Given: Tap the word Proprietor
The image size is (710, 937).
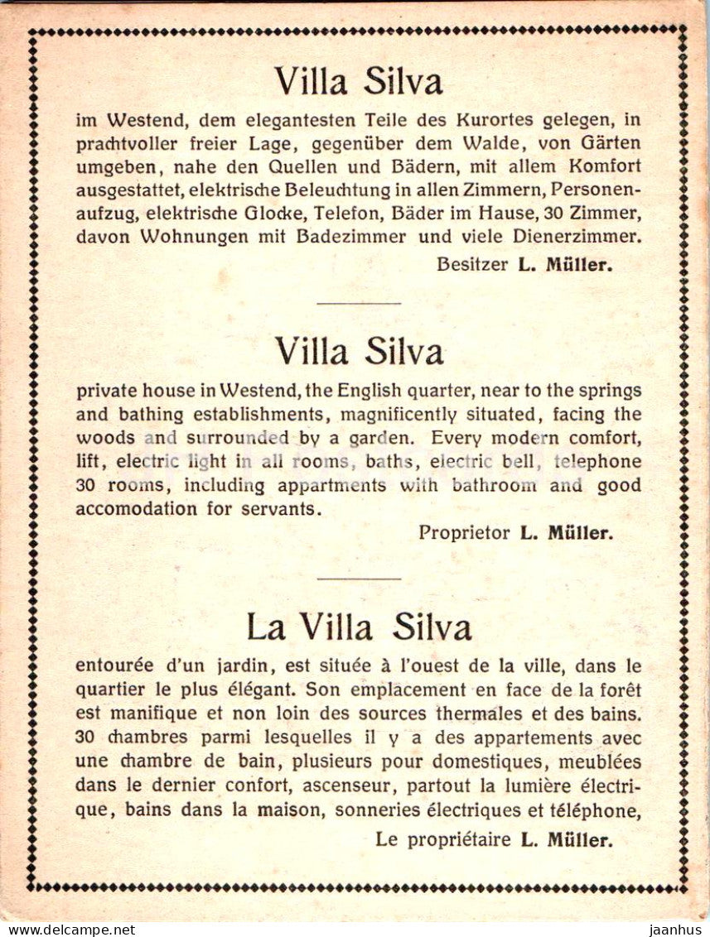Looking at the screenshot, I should [x=464, y=533].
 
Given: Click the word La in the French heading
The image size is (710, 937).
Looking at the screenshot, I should [x=265, y=627].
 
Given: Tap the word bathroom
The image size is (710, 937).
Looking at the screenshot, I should [x=492, y=485].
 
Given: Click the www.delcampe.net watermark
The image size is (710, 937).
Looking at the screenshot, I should [x=68, y=930].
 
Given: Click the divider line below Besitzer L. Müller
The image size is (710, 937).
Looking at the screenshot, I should [x=358, y=303].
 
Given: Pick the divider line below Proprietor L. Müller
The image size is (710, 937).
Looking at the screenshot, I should [x=358, y=579].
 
